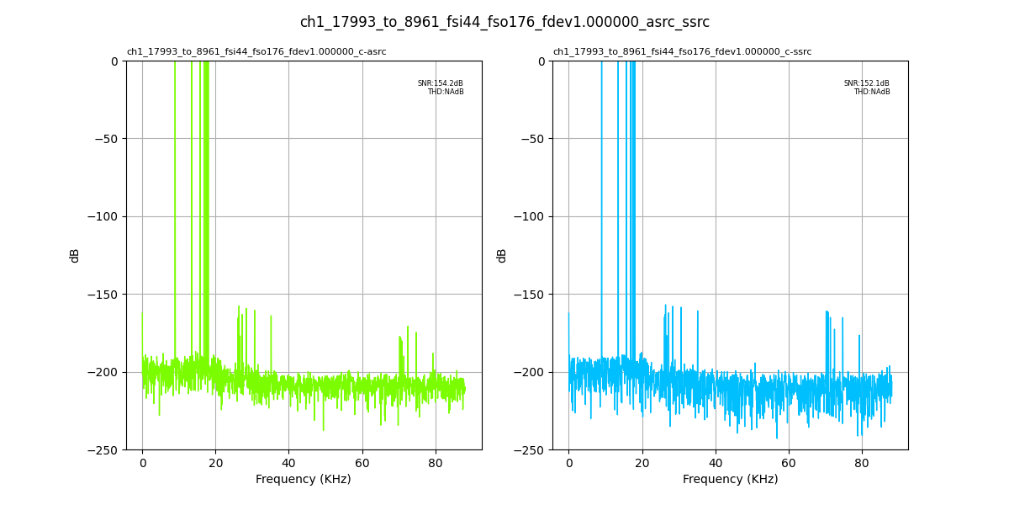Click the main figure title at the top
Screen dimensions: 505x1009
pyautogui.click(x=504, y=22)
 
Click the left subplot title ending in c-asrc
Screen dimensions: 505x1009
pyautogui.click(x=256, y=52)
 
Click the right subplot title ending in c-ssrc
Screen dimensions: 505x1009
pyautogui.click(x=682, y=52)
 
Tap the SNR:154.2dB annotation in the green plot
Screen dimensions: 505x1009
pyautogui.click(x=440, y=83)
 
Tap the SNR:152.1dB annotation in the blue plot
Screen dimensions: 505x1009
pyautogui.click(x=866, y=83)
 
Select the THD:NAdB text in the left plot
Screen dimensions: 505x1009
pyautogui.click(x=445, y=92)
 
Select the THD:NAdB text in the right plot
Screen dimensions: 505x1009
pyautogui.click(x=871, y=92)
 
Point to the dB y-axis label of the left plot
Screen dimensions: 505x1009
pyautogui.click(x=75, y=255)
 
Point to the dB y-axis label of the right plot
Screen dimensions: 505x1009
pyautogui.click(x=501, y=255)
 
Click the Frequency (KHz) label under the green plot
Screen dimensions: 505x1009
pyautogui.click(x=304, y=480)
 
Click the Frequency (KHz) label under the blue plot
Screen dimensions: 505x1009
pyautogui.click(x=730, y=480)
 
